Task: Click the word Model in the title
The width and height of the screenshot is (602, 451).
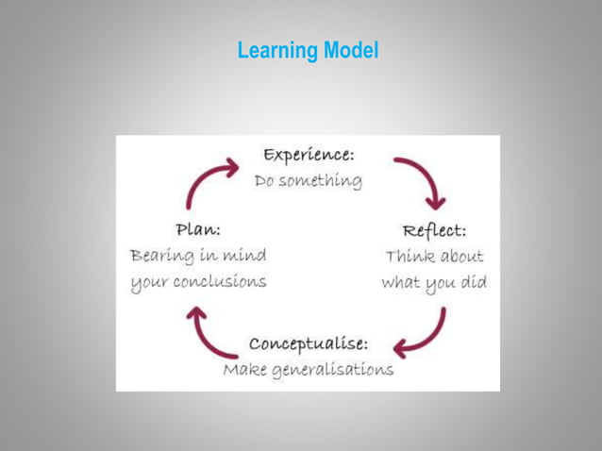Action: click(x=350, y=50)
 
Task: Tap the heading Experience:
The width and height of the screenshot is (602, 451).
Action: click(x=309, y=154)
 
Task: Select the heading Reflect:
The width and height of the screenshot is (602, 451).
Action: click(x=434, y=230)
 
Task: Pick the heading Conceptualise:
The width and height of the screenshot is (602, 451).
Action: click(x=309, y=342)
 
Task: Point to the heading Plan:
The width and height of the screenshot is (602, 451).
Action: click(x=198, y=229)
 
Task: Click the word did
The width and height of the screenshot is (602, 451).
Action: click(x=473, y=282)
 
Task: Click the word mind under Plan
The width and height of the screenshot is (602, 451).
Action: click(x=243, y=255)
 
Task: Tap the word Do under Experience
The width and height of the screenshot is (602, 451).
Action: click(x=266, y=180)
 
